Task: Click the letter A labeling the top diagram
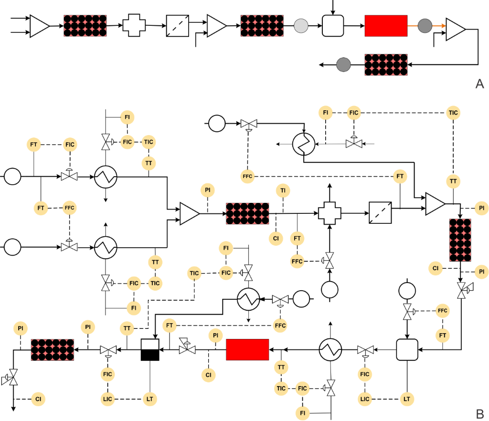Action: click(480, 84)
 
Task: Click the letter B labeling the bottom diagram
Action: click(480, 413)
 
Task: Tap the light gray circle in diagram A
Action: click(301, 25)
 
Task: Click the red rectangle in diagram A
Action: click(386, 26)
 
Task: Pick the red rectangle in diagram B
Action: click(247, 350)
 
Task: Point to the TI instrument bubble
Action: click(283, 191)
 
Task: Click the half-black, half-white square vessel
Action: click(150, 350)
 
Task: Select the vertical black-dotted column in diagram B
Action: click(460, 240)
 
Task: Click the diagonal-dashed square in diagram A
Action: click(178, 26)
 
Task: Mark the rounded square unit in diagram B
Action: click(407, 350)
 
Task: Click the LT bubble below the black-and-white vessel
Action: click(150, 398)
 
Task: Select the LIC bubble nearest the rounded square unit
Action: click(365, 398)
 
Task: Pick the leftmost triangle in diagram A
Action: click(39, 26)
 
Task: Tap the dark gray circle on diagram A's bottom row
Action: click(343, 64)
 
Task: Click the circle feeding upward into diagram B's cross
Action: click(330, 289)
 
